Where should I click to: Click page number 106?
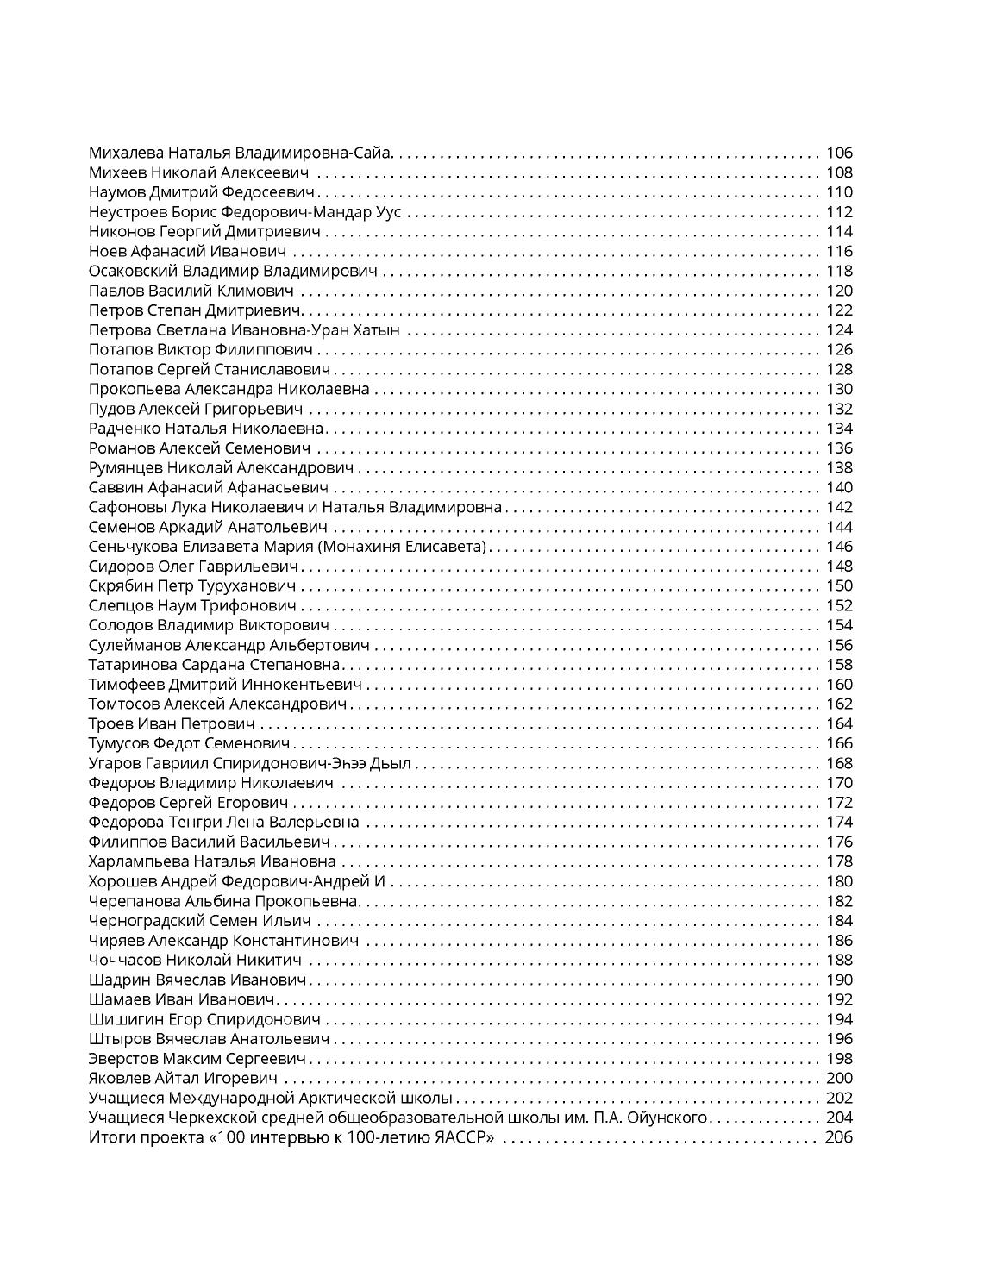[838, 153]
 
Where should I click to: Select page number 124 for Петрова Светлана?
[838, 330]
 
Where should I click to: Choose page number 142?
[838, 507]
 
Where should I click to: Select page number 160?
[838, 685]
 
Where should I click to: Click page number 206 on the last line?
[838, 1137]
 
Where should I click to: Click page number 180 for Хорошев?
[838, 881]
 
